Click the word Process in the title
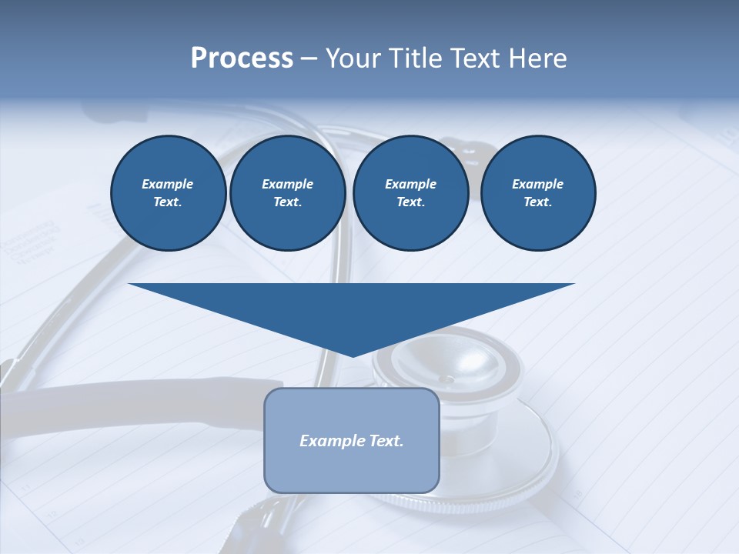(242, 58)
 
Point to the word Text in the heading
(475, 58)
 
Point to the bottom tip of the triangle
(352, 355)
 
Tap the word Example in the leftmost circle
(168, 184)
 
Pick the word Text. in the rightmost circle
(538, 202)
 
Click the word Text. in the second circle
(288, 202)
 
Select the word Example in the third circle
(410, 184)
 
